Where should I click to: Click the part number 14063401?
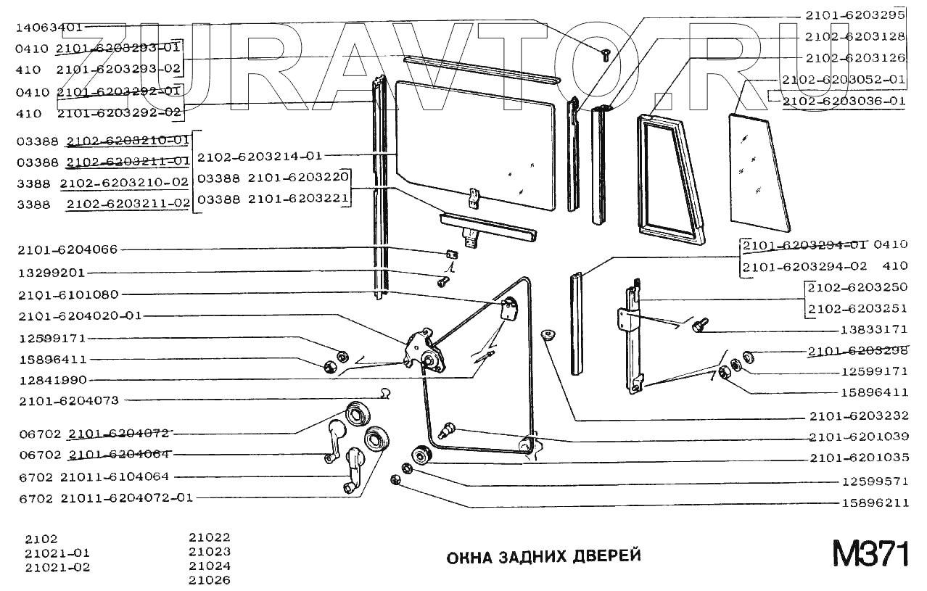[x=49, y=28]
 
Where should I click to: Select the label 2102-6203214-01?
[x=259, y=155]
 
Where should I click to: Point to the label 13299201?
[x=51, y=273]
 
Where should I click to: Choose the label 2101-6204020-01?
[x=81, y=315]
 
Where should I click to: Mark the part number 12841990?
[x=52, y=379]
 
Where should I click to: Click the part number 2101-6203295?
[x=854, y=15]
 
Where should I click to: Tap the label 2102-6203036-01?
[x=844, y=101]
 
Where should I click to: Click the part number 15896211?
[x=875, y=502]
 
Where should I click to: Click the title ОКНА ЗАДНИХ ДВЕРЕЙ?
[x=543, y=557]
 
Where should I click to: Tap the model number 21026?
[x=210, y=580]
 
